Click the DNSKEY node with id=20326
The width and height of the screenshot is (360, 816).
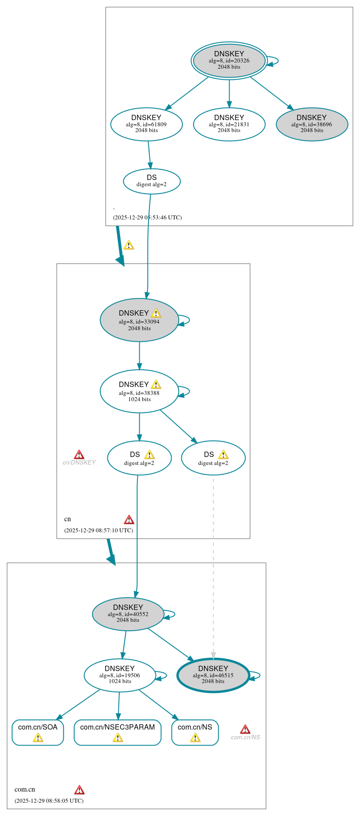point(229,61)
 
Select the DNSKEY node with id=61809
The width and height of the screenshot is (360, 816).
point(146,124)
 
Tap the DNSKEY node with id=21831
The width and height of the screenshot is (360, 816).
point(229,124)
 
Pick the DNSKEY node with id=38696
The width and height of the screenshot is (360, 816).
point(312,124)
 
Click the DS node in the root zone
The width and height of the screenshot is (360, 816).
point(152,181)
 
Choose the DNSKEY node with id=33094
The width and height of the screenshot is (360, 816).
point(139,320)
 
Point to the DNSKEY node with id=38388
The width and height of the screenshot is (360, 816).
point(139,391)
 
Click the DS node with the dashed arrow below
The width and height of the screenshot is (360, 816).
point(213,458)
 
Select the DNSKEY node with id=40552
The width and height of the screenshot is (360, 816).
point(128,614)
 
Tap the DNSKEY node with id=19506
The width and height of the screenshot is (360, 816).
point(120,675)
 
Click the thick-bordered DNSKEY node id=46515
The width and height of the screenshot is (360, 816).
point(213,675)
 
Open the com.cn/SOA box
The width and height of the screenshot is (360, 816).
point(38,732)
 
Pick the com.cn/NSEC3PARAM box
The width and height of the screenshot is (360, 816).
point(117,732)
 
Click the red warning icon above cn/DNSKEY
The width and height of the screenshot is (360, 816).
point(79,454)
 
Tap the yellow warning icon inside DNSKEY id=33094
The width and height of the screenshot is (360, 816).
point(156,313)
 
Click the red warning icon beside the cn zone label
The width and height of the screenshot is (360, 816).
point(129,519)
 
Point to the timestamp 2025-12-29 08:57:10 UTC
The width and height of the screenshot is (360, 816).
point(98,531)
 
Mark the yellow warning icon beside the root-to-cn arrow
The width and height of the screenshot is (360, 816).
point(129,245)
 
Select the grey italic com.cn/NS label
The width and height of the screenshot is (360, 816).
point(245,738)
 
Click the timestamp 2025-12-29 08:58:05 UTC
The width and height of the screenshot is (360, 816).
point(49,801)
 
